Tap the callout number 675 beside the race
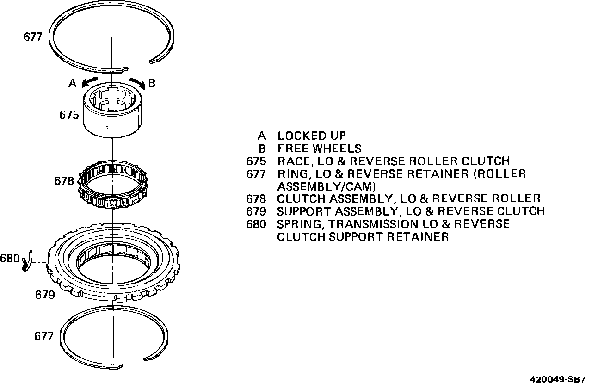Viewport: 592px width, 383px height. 69,114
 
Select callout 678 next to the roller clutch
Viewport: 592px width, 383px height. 64,181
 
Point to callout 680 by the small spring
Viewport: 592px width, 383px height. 9,258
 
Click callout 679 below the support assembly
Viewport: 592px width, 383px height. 45,295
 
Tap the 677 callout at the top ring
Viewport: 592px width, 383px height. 33,37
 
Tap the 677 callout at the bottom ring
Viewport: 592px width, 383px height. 44,336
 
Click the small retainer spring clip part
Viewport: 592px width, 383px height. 27,261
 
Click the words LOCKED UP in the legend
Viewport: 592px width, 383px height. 312,136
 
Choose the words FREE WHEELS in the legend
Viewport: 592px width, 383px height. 319,148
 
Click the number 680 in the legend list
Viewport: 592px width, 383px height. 257,224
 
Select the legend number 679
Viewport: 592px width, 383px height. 257,211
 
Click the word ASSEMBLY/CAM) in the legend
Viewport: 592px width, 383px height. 326,186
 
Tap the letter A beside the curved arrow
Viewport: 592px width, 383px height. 73,83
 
